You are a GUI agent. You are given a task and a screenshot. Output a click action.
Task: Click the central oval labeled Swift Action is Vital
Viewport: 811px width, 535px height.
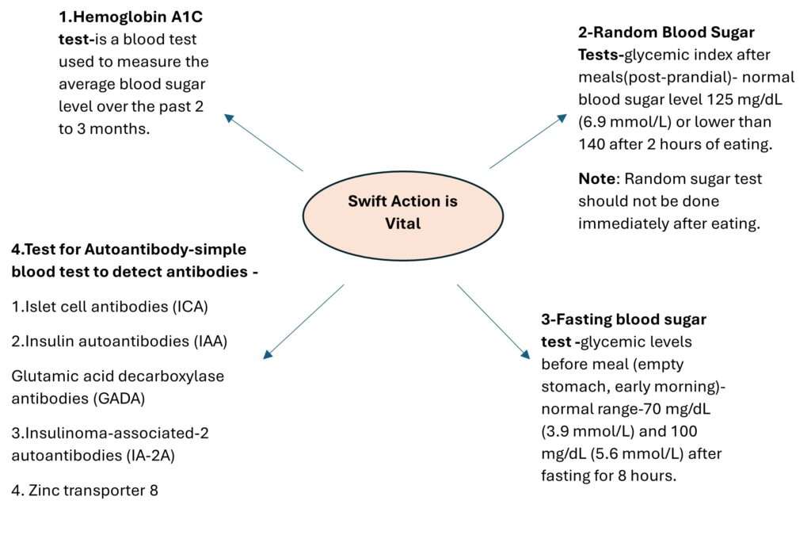click(x=402, y=212)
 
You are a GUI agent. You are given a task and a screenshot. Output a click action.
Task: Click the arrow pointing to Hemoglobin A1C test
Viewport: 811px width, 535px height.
click(x=264, y=143)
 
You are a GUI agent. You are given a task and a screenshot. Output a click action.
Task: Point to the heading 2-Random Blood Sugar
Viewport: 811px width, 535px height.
click(x=666, y=32)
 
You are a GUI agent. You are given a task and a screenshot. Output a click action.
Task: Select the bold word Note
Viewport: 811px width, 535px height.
click(x=597, y=179)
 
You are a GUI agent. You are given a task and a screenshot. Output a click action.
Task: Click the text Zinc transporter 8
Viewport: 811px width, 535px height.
click(x=85, y=491)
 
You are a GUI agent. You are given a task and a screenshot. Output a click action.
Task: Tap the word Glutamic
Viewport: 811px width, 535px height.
click(x=42, y=376)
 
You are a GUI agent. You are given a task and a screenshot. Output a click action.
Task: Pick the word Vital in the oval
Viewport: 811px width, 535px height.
click(x=402, y=223)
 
